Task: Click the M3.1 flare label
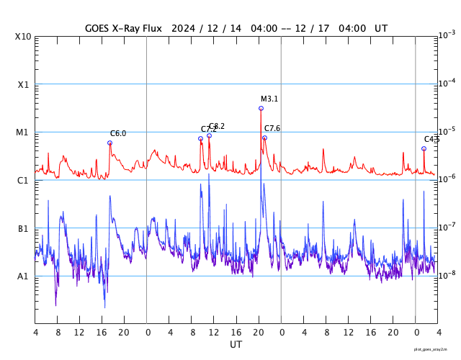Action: click(x=269, y=99)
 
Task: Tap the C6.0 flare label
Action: click(x=118, y=133)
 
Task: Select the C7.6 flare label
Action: click(x=272, y=128)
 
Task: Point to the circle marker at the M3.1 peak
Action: click(x=261, y=108)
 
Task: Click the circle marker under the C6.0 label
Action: click(x=109, y=143)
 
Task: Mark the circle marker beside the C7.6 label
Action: click(x=264, y=138)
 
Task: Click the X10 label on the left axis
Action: click(x=23, y=37)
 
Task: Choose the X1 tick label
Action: click(x=23, y=84)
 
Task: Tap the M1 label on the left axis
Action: click(x=23, y=132)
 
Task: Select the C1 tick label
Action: click(x=23, y=180)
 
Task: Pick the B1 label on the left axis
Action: click(x=23, y=228)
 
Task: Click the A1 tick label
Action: click(x=23, y=276)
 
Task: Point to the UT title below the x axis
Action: click(x=236, y=344)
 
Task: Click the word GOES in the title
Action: click(x=98, y=29)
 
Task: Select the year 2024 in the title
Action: click(x=183, y=29)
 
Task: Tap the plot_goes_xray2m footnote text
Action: click(x=435, y=349)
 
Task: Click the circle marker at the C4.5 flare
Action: click(x=424, y=148)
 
